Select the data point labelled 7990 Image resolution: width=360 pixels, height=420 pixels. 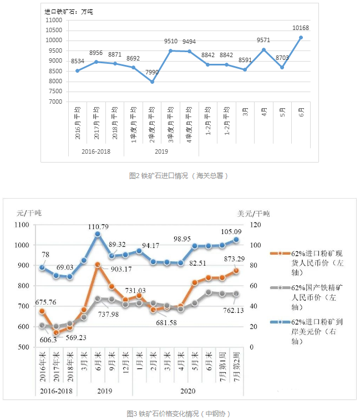point(153,82)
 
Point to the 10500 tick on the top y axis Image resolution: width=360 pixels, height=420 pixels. point(53,30)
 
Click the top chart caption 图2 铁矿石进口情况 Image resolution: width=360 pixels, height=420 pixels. point(179,176)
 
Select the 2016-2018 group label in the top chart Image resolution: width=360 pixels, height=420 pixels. point(96,150)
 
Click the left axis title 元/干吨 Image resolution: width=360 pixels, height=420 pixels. point(29,213)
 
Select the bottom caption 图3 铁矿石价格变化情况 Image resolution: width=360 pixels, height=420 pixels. point(178,413)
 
